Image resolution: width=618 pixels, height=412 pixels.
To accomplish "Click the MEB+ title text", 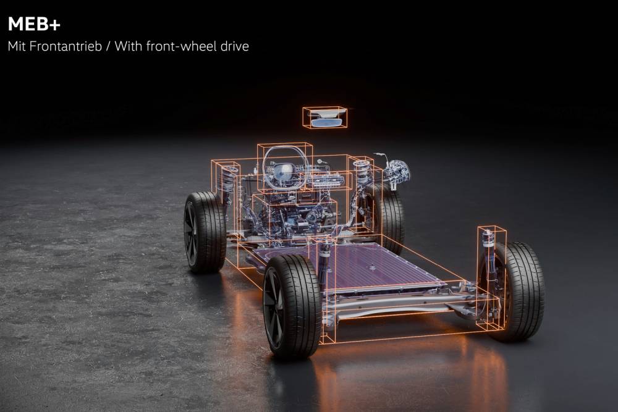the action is (x=34, y=25).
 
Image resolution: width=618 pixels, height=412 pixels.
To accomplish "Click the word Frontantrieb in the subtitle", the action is (x=66, y=46).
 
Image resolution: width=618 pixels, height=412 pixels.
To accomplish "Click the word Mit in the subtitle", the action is (x=17, y=46).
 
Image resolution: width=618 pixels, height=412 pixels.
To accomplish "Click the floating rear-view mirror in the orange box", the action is (x=325, y=119).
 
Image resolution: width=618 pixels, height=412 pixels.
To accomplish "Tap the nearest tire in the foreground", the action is (x=292, y=306).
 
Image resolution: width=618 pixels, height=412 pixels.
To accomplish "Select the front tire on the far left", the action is (x=205, y=232).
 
